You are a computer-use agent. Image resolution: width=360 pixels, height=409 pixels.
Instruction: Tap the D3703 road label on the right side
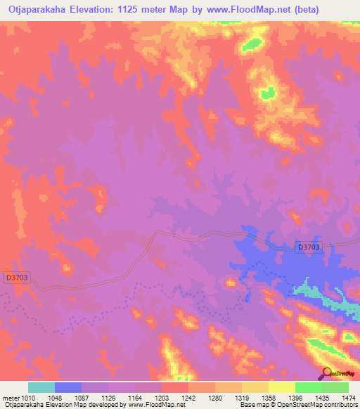pos(307,247)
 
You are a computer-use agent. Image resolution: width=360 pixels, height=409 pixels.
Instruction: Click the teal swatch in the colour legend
pos(41,387)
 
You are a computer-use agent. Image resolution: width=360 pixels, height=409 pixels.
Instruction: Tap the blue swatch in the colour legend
pos(68,387)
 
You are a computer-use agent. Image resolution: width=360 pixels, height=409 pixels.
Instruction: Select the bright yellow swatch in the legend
pos(281,387)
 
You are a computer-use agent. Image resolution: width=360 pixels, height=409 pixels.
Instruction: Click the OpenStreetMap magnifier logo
pos(326,374)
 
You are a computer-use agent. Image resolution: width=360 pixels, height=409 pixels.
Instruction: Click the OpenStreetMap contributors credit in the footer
pos(319,405)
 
